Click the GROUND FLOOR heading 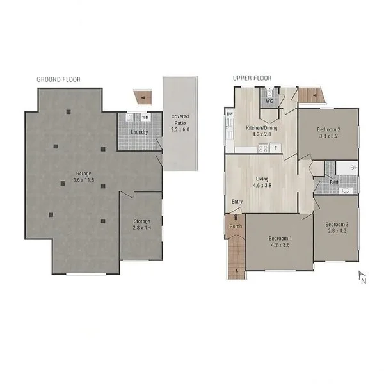point(58,79)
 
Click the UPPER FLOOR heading point(252,78)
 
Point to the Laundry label point(140,132)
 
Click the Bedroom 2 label point(328,130)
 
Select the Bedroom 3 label point(337,225)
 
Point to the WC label point(269,100)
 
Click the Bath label point(334,182)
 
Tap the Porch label point(236,226)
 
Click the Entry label point(237,202)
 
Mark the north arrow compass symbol point(361,276)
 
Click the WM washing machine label point(145,117)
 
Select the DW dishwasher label point(229,114)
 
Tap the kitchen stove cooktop point(262,149)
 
